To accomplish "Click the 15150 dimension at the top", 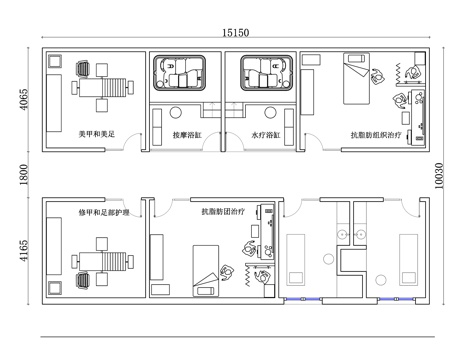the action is point(236,33).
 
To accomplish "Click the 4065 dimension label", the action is point(24,99).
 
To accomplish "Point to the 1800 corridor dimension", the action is point(24,174).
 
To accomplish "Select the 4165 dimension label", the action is point(24,251).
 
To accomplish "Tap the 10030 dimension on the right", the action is point(439,176).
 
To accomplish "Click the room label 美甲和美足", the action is point(97,134).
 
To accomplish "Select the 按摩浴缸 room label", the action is point(187,135).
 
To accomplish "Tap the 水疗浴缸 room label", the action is point(266,135).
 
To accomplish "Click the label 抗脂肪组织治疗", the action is point(376,135).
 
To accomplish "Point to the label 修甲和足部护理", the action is point(104,212).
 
